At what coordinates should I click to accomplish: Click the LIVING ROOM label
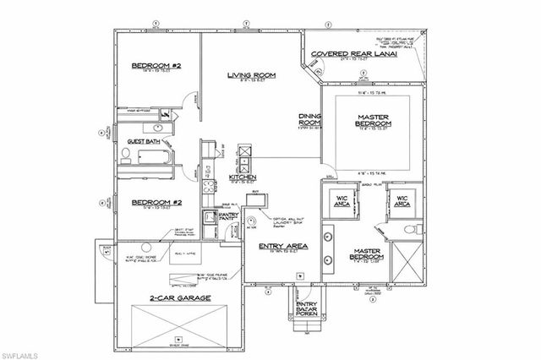tap(249, 75)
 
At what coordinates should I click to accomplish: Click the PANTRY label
tap(229, 218)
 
